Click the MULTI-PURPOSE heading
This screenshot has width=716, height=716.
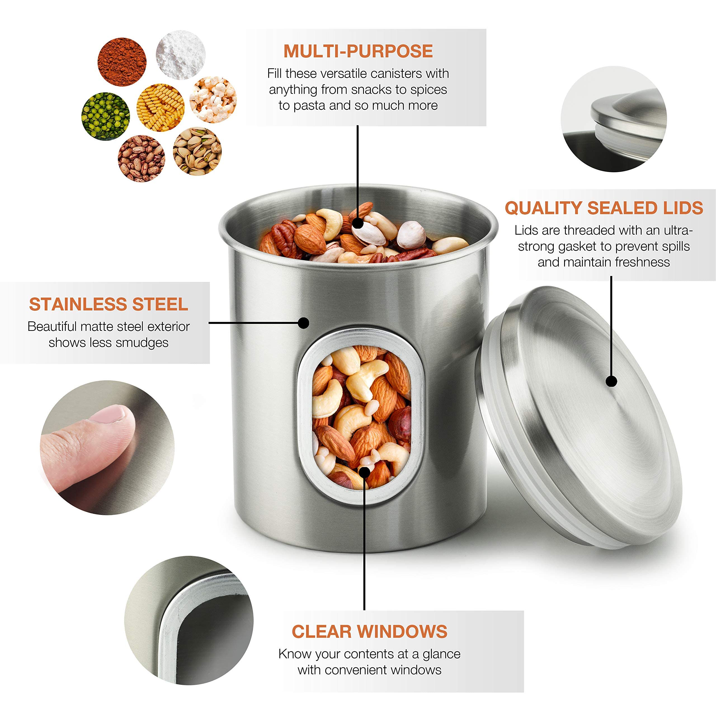click(358, 51)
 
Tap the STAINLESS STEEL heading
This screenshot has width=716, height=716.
click(109, 304)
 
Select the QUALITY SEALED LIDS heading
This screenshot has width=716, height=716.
click(604, 208)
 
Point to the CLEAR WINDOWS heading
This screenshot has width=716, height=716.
click(369, 632)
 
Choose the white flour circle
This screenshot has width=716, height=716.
click(180, 55)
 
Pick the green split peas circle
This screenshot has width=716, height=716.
click(106, 116)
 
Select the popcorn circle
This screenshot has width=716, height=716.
click(213, 99)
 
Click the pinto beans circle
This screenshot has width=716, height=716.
click(142, 159)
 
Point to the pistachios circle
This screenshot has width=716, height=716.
click(197, 151)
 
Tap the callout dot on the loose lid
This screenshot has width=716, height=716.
click(611, 381)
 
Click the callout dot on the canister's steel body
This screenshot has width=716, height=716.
click(303, 323)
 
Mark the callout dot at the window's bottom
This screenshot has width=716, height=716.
click(364, 472)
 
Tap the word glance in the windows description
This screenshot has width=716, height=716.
click(441, 654)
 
